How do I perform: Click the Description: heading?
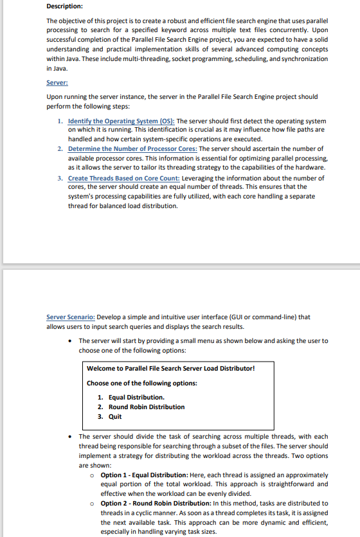pyautogui.click(x=64, y=6)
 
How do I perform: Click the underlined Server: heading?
pyautogui.click(x=57, y=83)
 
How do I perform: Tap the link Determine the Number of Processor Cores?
pyautogui.click(x=132, y=149)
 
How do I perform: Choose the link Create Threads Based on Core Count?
pyautogui.click(x=124, y=178)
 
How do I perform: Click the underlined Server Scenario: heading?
pyautogui.click(x=71, y=317)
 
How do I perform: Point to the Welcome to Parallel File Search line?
pyautogui.click(x=170, y=368)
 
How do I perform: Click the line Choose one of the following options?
pyautogui.click(x=141, y=383)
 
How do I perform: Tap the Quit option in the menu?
pyautogui.click(x=115, y=416)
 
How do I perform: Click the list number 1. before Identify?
pyautogui.click(x=60, y=121)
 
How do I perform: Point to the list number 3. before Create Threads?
pyautogui.click(x=60, y=178)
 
